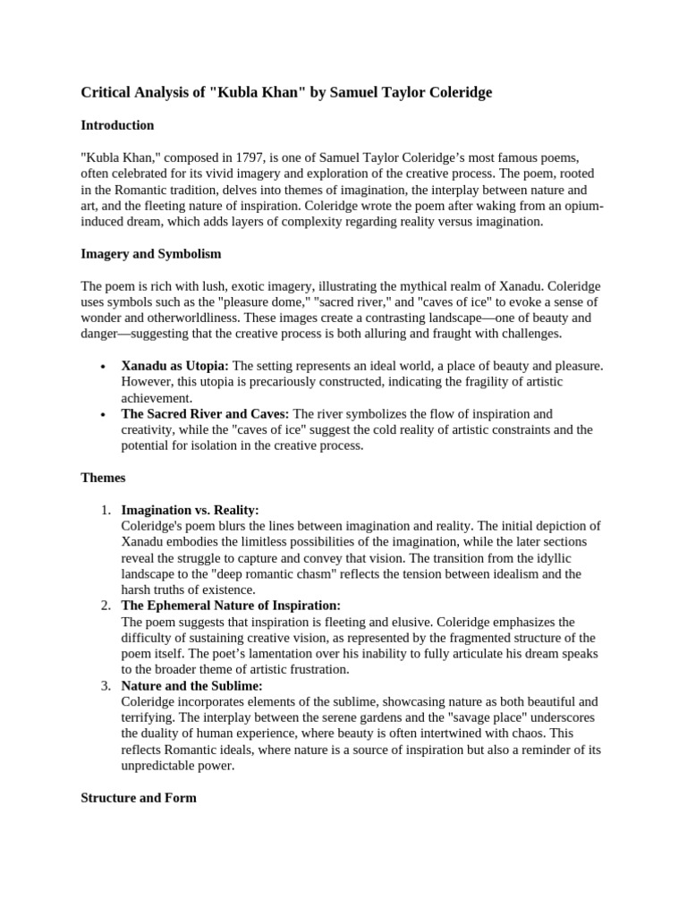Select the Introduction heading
point(117,125)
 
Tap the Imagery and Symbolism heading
point(151,254)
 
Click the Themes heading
point(103,478)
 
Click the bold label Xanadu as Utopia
point(174,366)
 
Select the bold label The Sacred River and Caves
point(205,414)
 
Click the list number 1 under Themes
point(106,510)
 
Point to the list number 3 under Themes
point(106,686)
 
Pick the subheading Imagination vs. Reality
point(190,510)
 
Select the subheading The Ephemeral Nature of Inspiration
point(231,606)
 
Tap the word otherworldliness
point(218,318)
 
